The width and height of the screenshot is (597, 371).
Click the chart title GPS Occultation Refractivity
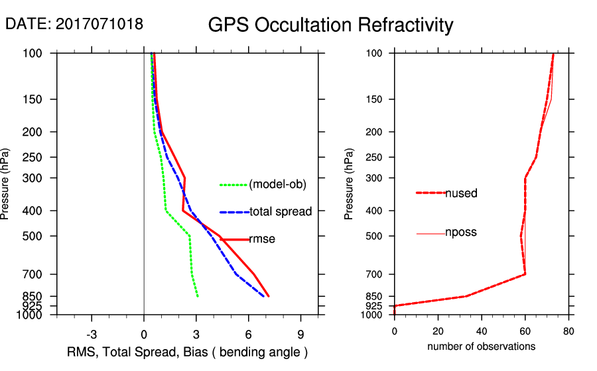coord(330,25)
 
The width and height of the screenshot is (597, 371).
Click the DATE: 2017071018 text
coord(74,24)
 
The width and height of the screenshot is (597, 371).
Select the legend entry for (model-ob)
coord(278,185)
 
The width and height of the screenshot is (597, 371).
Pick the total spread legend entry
coord(281,212)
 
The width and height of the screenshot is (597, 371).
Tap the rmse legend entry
coord(262,239)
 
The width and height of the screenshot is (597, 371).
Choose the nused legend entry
coord(461,193)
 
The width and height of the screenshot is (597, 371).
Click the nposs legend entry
coord(461,233)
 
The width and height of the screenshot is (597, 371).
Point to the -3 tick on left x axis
coord(92,333)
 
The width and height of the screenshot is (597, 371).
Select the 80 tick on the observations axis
coord(568,332)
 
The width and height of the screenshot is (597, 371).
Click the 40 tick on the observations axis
coord(482,332)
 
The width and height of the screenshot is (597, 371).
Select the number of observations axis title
coord(481,346)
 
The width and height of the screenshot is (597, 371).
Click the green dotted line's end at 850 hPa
coord(198,296)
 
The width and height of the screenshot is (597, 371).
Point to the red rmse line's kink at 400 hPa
coord(183,211)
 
